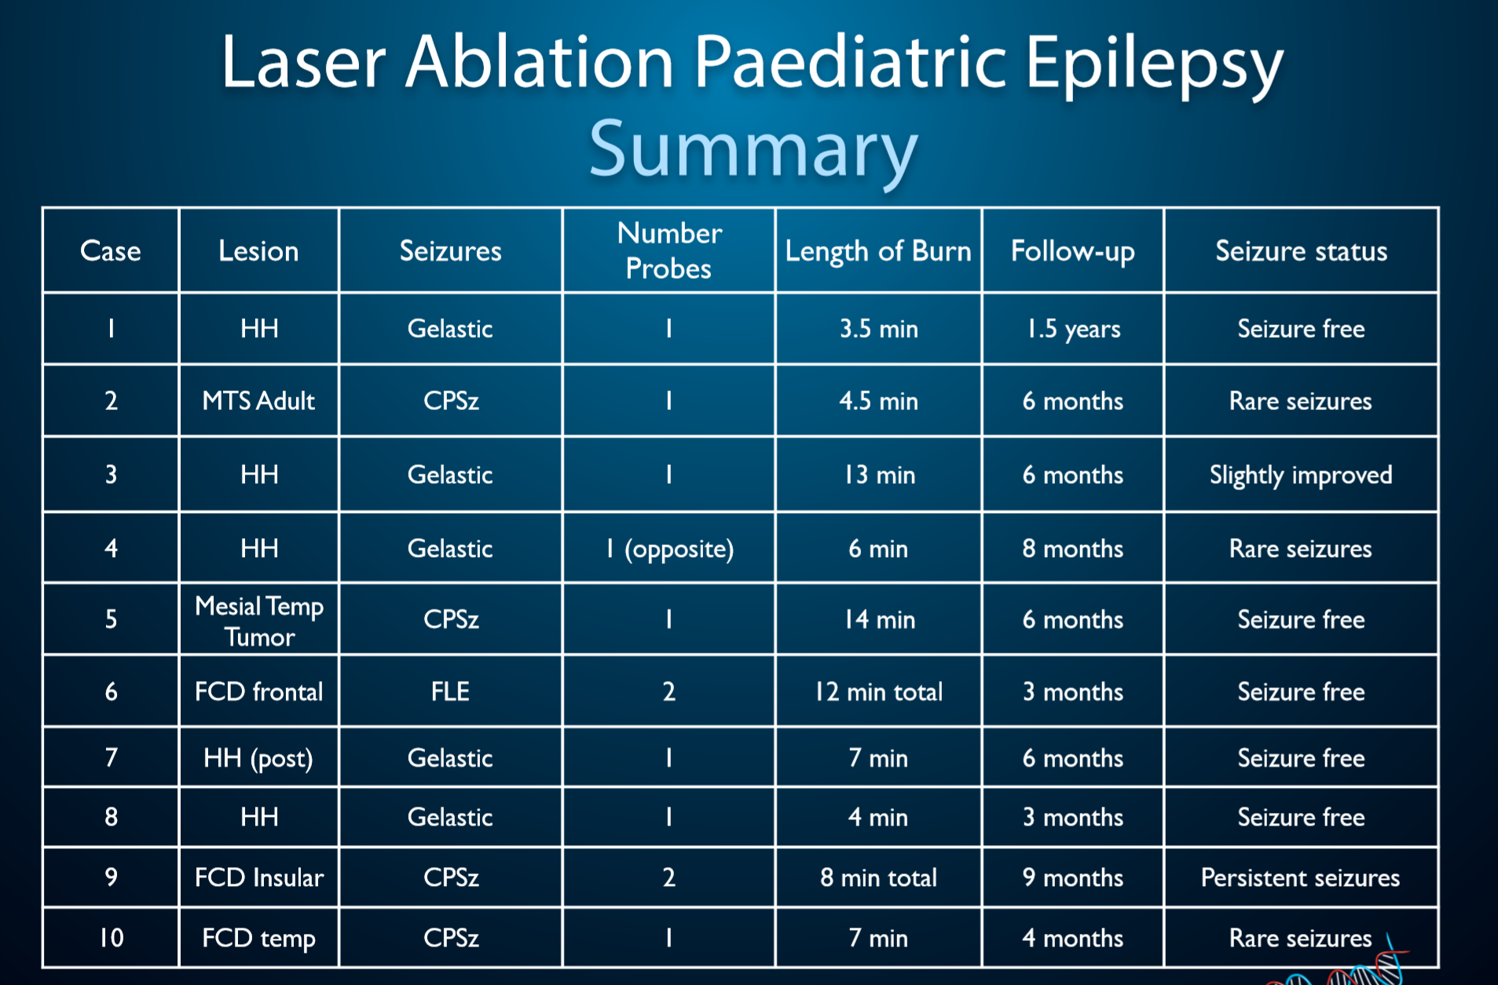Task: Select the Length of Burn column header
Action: [878, 251]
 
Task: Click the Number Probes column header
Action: [668, 251]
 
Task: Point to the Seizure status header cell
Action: [1301, 251]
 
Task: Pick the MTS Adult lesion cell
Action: [258, 401]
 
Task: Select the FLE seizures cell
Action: [450, 691]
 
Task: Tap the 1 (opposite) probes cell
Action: [669, 548]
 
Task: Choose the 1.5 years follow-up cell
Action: [1073, 328]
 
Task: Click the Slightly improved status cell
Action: [1301, 475]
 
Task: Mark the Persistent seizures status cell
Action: [1300, 877]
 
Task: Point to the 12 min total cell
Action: [878, 691]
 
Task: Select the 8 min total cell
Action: [878, 877]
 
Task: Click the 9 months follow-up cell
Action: [1073, 877]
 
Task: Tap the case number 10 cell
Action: [111, 937]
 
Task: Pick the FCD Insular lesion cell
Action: [258, 877]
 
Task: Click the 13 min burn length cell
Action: [879, 474]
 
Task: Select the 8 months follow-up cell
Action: [1073, 548]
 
